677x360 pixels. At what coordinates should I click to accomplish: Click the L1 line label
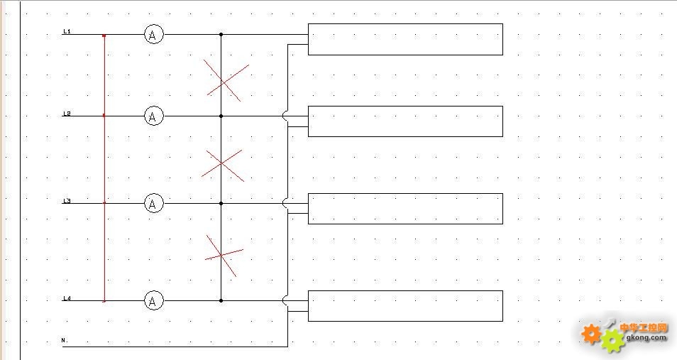67,31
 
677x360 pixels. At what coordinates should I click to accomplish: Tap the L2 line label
67,114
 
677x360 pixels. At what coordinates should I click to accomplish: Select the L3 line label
67,202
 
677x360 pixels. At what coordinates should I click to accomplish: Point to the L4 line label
67,298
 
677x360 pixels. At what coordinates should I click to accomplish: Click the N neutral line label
64,341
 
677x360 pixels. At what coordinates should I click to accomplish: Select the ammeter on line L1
154,34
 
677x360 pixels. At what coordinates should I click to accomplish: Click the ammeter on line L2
154,116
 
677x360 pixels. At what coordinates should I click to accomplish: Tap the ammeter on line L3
154,204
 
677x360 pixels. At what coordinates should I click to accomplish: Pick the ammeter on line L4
154,301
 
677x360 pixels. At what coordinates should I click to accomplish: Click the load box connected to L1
405,39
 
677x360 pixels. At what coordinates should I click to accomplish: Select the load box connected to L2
405,121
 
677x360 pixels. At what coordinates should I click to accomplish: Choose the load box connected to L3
405,208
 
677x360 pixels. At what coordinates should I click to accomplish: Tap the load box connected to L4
405,306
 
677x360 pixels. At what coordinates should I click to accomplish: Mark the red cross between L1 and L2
226,80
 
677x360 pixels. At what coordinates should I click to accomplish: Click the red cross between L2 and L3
223,165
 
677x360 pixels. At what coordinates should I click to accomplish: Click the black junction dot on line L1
221,34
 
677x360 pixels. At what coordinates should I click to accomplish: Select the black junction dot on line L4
221,301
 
